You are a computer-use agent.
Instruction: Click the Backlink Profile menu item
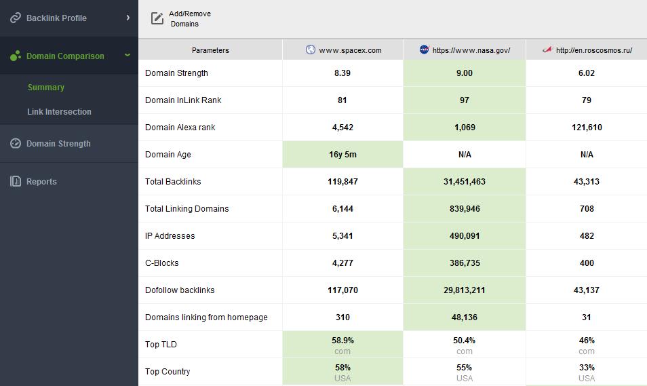click(56, 18)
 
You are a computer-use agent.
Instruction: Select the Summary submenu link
click(46, 88)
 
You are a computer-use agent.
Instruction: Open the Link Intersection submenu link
click(59, 112)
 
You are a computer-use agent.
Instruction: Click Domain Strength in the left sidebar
click(58, 144)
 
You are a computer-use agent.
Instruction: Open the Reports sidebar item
click(41, 182)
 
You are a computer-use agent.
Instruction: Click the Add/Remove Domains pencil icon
click(157, 18)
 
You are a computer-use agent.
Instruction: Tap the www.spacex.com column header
click(350, 50)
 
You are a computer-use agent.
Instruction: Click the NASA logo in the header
click(424, 50)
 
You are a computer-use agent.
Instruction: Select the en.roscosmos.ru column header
click(593, 50)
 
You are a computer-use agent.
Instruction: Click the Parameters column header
click(210, 50)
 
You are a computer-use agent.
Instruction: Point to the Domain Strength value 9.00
click(465, 73)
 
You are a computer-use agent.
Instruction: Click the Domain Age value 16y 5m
click(342, 155)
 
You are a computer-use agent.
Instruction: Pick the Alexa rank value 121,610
click(587, 128)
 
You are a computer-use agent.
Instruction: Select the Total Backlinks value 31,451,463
click(465, 182)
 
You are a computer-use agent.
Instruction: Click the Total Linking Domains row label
click(187, 209)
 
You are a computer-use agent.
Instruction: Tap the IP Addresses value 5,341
click(342, 236)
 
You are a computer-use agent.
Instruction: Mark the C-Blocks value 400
click(587, 263)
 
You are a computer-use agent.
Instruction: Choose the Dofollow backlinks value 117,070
click(342, 290)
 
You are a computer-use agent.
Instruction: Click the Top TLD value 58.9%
click(342, 341)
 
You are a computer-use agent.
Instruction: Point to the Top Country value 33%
click(587, 368)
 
